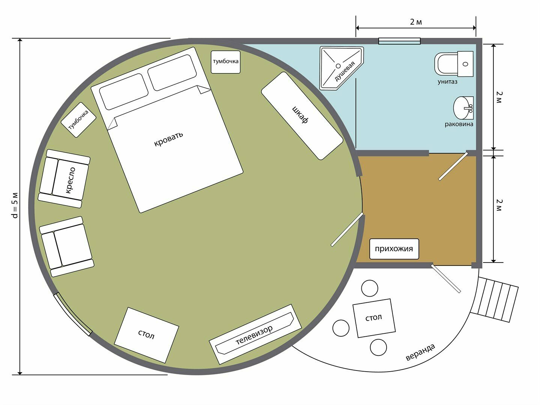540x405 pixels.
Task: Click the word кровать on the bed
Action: [168, 139]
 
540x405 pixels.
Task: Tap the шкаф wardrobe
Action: [302, 116]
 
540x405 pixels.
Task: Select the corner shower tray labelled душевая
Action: [341, 68]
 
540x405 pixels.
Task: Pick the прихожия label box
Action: [394, 249]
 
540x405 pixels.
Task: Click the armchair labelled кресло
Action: [64, 178]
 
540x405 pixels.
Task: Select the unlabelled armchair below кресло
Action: [66, 246]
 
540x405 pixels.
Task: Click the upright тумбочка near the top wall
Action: [226, 62]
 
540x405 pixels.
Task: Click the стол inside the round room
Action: [147, 335]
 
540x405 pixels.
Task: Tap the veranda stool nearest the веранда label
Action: [378, 347]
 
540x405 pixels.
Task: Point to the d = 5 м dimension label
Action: [15, 205]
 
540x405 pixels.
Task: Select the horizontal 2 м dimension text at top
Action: [416, 22]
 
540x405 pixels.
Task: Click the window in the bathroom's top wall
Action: [399, 41]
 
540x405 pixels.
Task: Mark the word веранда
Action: [420, 352]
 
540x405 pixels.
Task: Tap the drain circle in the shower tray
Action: [338, 66]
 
